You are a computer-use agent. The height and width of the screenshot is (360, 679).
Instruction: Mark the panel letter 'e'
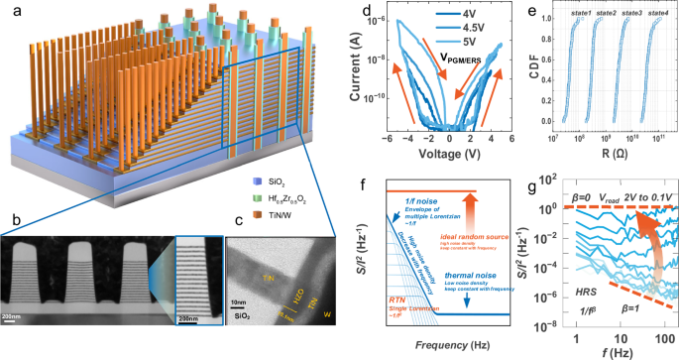[x=536, y=13]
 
